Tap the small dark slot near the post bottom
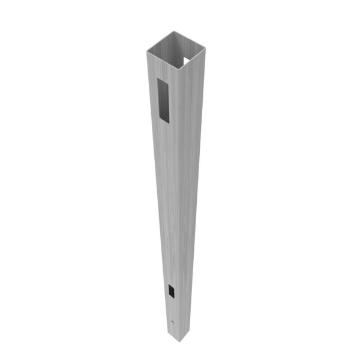tap(172, 292)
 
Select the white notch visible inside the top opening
tap(186, 61)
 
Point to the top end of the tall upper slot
tap(163, 80)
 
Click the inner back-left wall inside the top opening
tap(165, 48)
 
